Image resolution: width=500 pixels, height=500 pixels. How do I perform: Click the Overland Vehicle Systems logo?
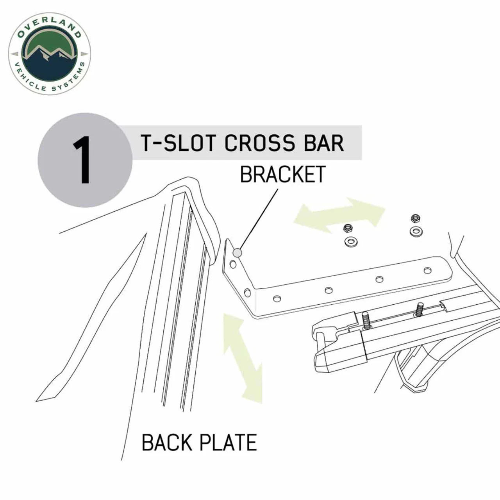(x=50, y=54)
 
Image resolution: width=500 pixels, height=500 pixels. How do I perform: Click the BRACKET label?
(x=283, y=174)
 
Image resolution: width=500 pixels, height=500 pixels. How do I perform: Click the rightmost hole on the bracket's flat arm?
(x=427, y=270)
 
